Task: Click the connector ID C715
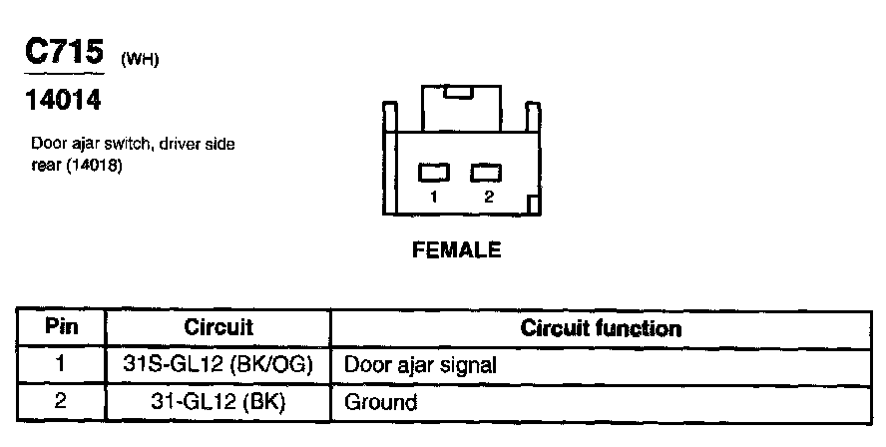(x=64, y=52)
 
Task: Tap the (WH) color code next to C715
(x=140, y=59)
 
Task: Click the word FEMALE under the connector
(x=456, y=250)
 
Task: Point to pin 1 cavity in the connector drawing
(x=434, y=172)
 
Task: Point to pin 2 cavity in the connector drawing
(x=487, y=172)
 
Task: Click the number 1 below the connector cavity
(x=434, y=197)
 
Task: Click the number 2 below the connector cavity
(x=488, y=197)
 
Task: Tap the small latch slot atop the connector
(x=459, y=93)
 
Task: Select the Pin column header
(x=61, y=327)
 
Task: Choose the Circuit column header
(x=219, y=327)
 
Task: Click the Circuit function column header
(x=602, y=328)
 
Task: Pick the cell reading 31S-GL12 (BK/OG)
(x=219, y=365)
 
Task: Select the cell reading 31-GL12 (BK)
(x=219, y=403)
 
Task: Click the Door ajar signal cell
(x=420, y=365)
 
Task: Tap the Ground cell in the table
(x=380, y=403)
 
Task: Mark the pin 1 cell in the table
(x=61, y=365)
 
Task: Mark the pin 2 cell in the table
(x=61, y=403)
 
